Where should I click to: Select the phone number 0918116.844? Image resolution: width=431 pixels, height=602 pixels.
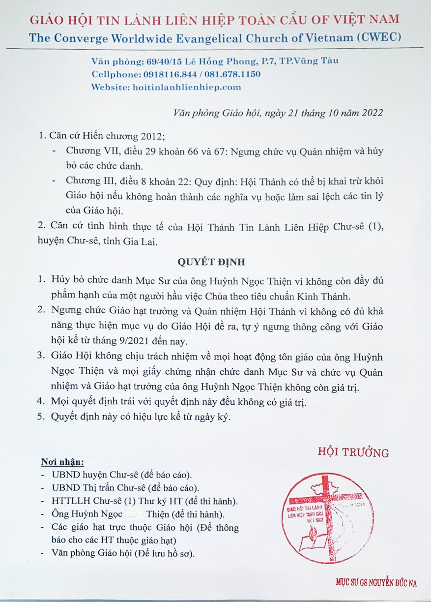pyautogui.click(x=167, y=74)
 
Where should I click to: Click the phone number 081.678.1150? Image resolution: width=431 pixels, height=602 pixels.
pyautogui.click(x=232, y=74)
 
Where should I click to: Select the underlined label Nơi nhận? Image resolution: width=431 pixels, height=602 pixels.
pyautogui.click(x=62, y=463)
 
